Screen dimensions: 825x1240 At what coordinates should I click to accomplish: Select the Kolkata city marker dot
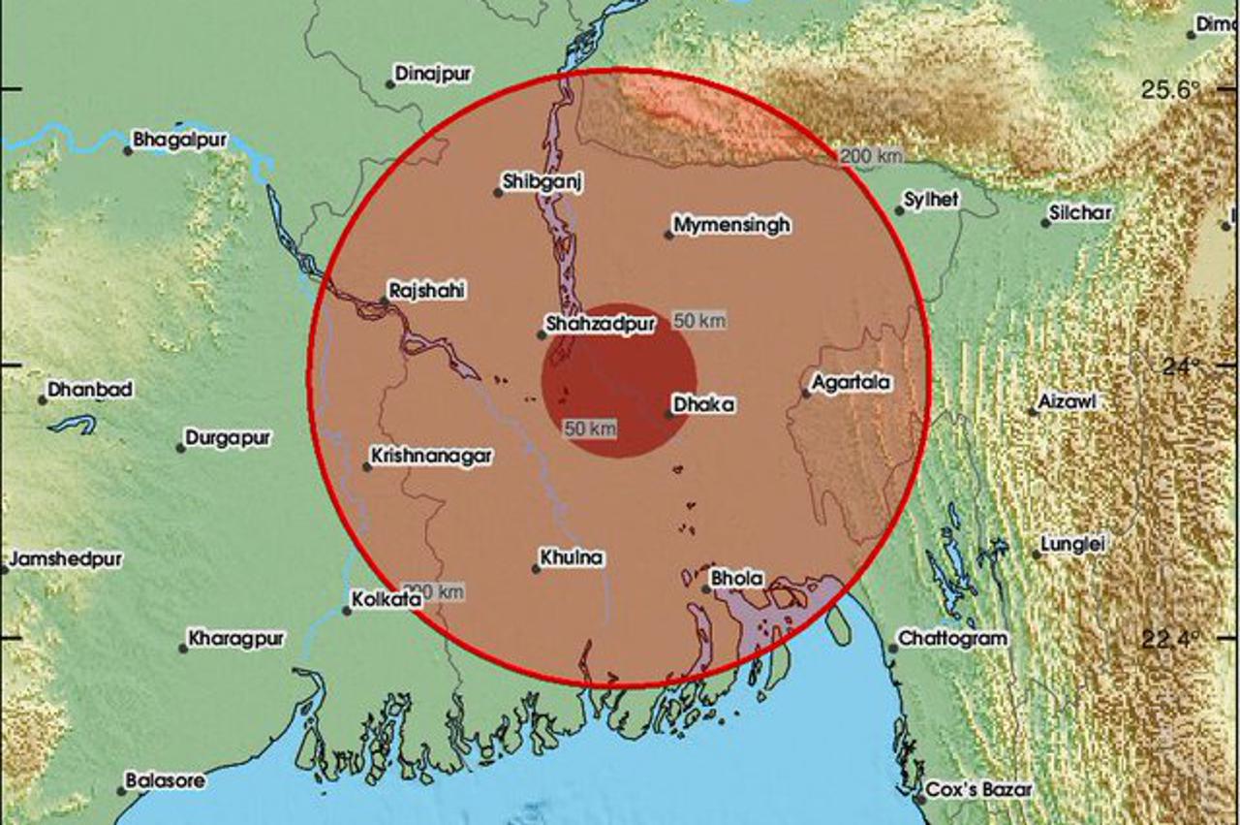pos(347,611)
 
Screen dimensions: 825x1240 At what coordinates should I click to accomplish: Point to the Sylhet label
pos(931,200)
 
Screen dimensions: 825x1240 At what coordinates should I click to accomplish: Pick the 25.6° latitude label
pos(1170,91)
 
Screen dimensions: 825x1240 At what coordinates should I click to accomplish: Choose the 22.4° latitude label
pos(1170,639)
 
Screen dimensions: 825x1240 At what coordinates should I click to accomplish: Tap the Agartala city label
pos(852,383)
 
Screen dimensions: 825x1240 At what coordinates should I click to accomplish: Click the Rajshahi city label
pos(426,289)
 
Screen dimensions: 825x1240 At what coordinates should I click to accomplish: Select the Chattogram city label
pos(952,639)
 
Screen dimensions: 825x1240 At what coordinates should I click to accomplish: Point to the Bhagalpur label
pos(179,140)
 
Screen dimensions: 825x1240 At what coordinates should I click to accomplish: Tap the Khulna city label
pos(573,557)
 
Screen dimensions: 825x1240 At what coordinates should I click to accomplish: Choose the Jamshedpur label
pos(66,559)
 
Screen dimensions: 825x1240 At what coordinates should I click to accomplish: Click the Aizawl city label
pos(1069,400)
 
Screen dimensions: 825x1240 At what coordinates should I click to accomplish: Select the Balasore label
pos(165,780)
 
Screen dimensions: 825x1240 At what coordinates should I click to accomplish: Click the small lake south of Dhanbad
pos(73,424)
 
